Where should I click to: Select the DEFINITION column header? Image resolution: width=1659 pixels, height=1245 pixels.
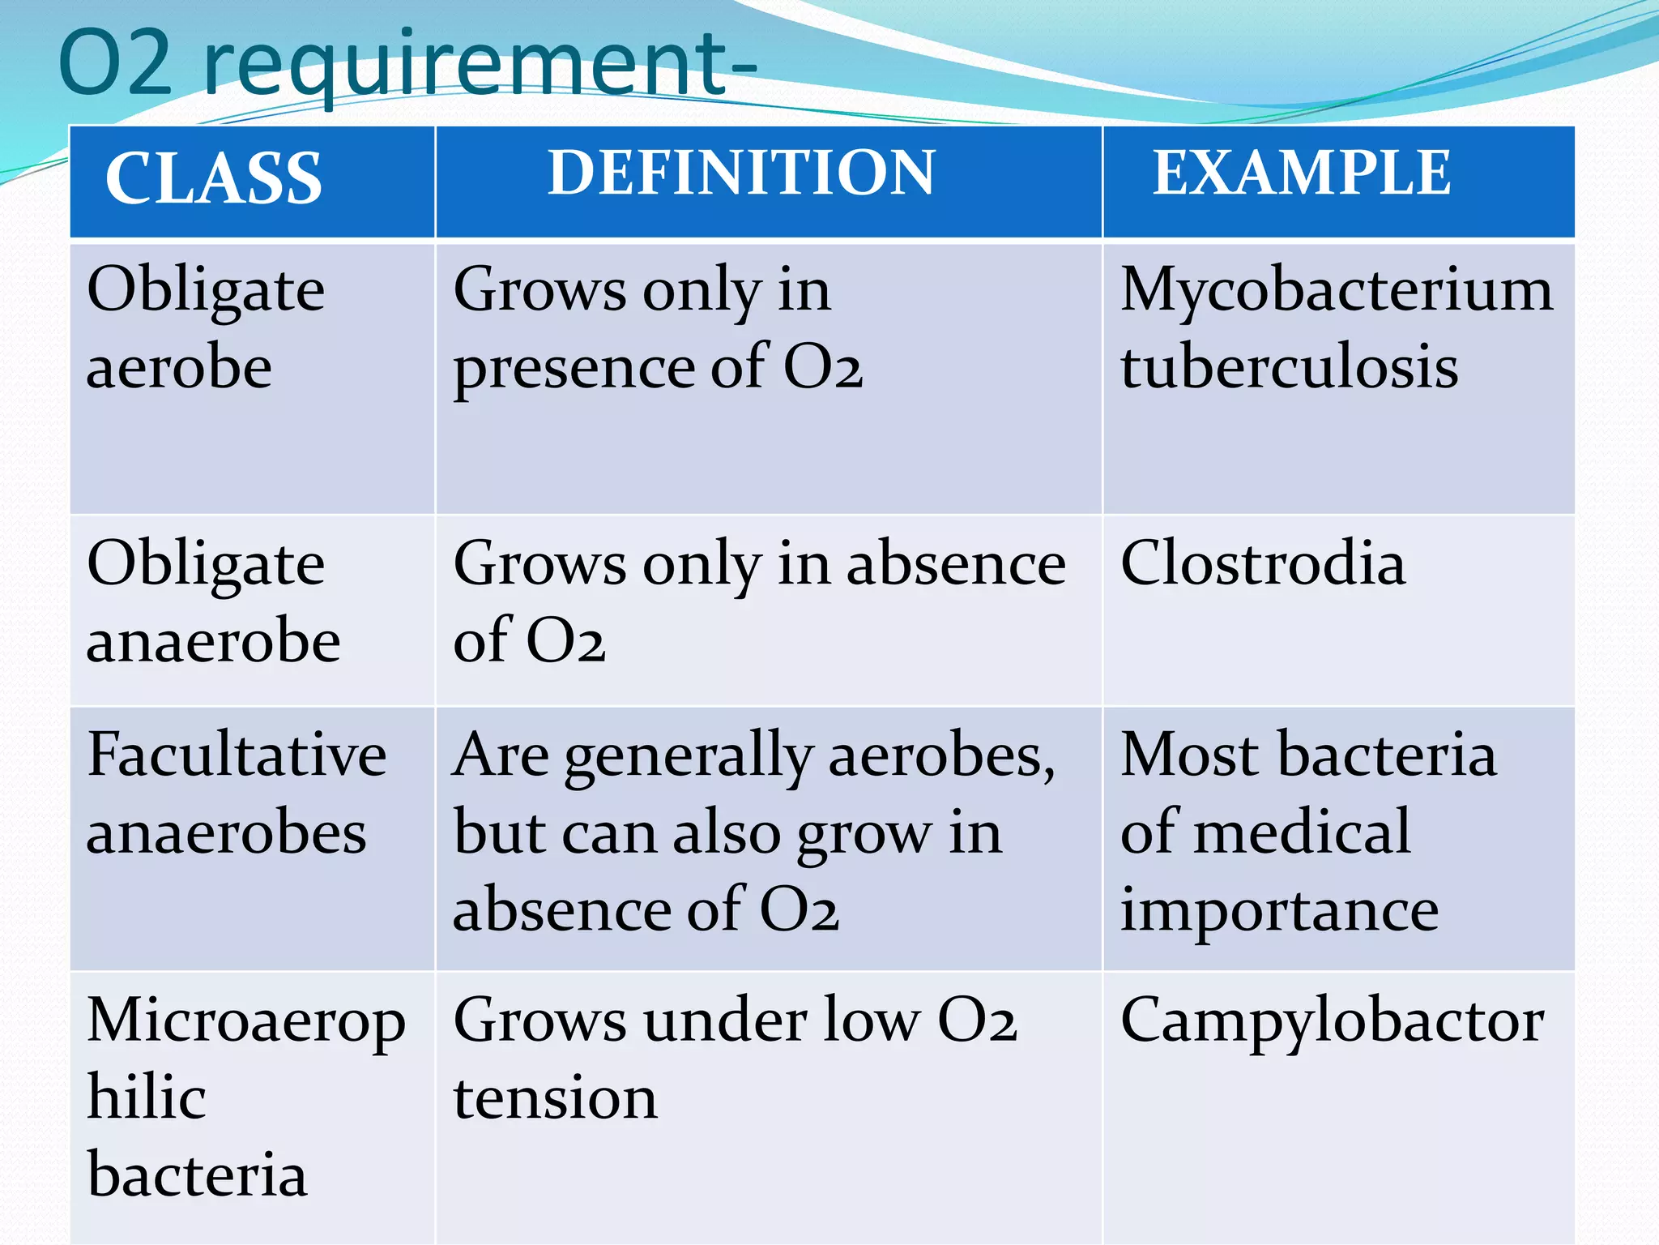741,173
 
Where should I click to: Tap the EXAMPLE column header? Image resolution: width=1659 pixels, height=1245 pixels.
1302,173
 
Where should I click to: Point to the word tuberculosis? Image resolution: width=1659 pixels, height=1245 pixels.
1290,367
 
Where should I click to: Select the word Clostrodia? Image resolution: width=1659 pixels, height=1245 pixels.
1263,563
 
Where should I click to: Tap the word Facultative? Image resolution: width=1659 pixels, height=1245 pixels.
237,755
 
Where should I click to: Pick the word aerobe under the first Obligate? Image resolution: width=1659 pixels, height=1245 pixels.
179,367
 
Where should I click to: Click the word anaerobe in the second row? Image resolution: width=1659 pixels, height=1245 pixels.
213,640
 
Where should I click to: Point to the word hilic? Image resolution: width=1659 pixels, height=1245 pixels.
147,1097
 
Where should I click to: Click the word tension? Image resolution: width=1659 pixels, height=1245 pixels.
556,1099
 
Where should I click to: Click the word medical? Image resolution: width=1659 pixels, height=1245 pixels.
1313,832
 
